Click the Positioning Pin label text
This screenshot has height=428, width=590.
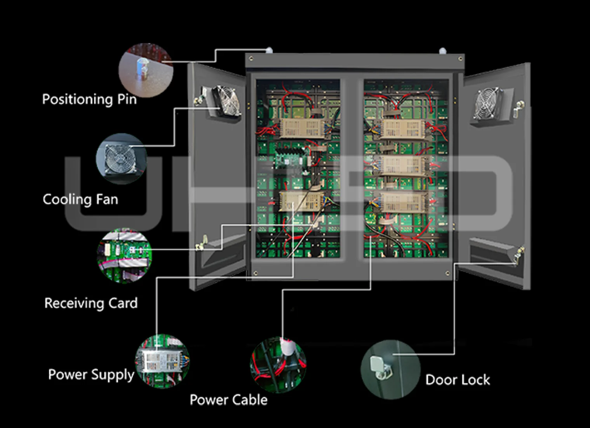(89, 99)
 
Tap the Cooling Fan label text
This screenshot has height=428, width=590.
(80, 199)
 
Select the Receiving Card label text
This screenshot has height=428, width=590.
(91, 303)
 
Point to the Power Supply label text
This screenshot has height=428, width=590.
(91, 375)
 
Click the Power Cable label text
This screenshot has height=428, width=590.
(228, 400)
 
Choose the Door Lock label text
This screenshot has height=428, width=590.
(458, 380)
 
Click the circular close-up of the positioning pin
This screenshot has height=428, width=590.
(146, 70)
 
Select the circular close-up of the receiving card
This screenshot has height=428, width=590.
(124, 255)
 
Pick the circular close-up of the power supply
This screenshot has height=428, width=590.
(162, 360)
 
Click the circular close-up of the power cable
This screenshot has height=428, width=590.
(278, 365)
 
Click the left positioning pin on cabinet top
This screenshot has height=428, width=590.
(268, 50)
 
